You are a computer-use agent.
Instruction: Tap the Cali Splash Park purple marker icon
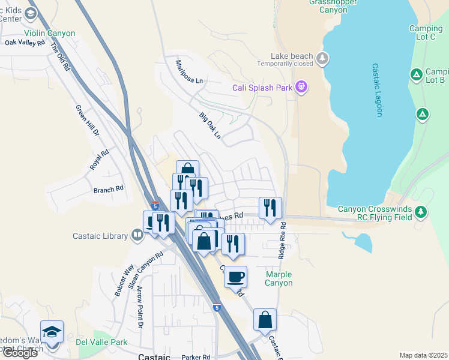click(301, 88)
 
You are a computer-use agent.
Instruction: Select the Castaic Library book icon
click(137, 236)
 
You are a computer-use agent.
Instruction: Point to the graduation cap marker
click(52, 332)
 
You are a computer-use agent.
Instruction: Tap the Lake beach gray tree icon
click(323, 58)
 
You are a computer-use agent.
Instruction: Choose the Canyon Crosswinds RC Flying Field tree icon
click(421, 211)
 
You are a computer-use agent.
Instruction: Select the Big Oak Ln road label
click(210, 127)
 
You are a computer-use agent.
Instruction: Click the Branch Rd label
click(108, 188)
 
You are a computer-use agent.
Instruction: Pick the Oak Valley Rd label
click(25, 43)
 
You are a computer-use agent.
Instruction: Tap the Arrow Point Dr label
click(140, 306)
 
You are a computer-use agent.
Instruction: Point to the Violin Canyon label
click(50, 34)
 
